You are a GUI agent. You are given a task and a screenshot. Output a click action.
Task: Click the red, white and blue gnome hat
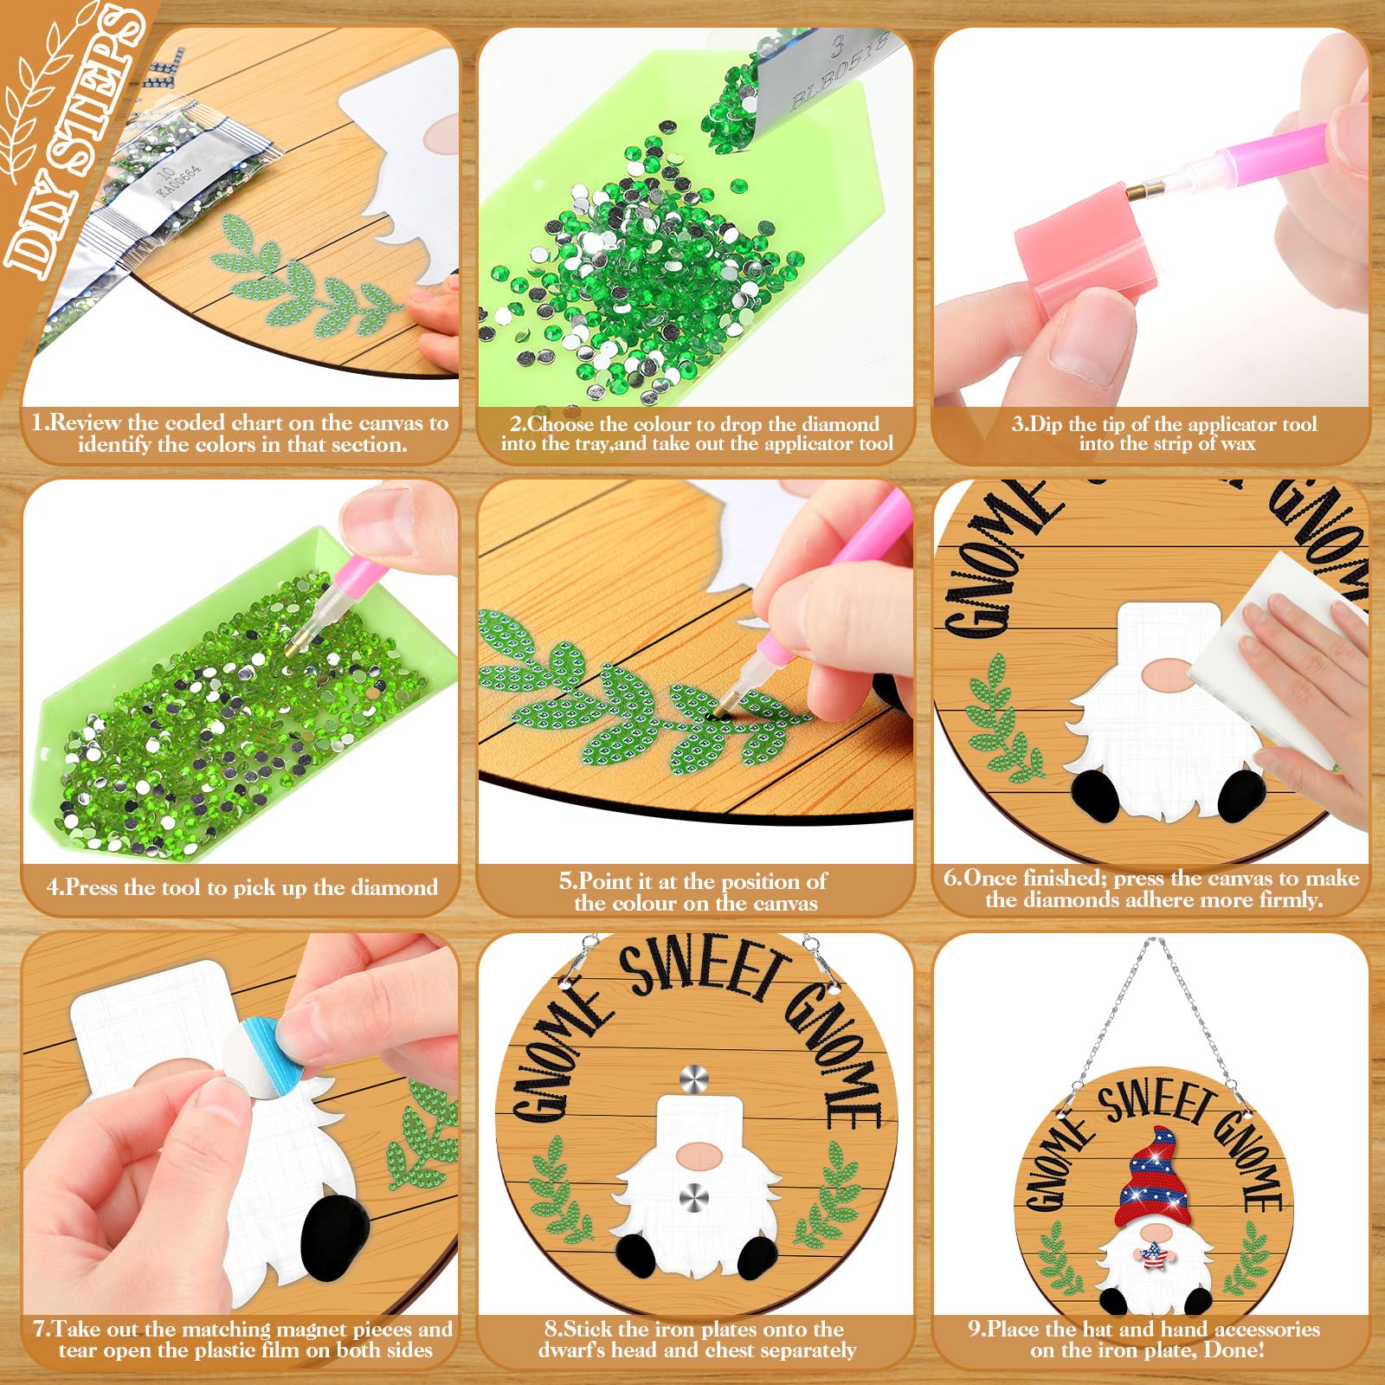point(1152,1178)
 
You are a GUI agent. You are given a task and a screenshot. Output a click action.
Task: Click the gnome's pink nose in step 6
point(1168,670)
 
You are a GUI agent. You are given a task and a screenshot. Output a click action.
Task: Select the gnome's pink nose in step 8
point(699,1154)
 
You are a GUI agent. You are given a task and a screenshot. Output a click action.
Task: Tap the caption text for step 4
point(242,887)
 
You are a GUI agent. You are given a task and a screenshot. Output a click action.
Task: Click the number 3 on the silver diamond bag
point(836,45)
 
